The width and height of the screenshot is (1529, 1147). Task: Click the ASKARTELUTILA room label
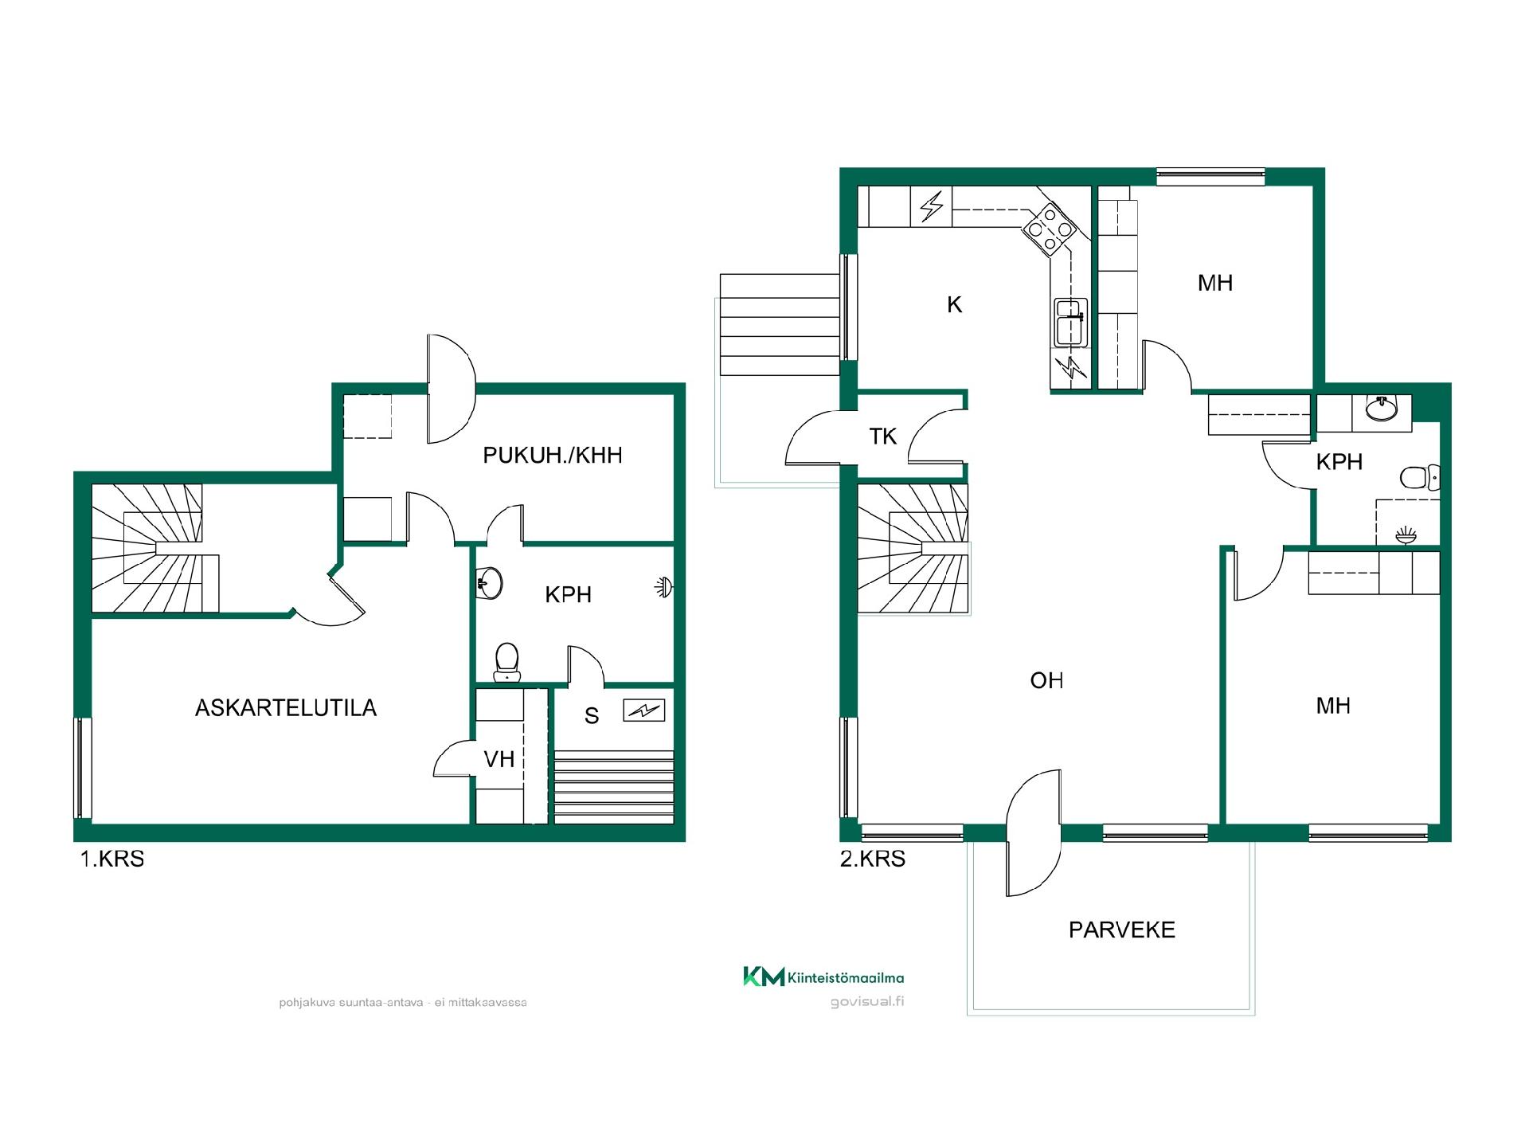tap(286, 708)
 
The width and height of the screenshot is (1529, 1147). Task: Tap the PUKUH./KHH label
tap(553, 455)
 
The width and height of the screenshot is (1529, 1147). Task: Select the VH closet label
tap(499, 759)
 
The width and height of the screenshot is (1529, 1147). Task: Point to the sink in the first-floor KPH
tap(489, 582)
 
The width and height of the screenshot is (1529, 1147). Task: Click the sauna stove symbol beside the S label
tap(643, 709)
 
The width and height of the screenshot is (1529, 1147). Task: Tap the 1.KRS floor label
tap(112, 859)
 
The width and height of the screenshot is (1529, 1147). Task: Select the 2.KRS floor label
tap(873, 859)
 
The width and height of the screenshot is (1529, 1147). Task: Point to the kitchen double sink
tap(1071, 323)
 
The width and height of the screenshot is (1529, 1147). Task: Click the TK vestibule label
tap(883, 436)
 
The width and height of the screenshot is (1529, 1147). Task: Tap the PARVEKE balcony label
tap(1122, 930)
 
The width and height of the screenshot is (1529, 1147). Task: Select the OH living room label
tap(1046, 680)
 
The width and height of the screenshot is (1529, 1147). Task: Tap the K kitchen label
tap(955, 304)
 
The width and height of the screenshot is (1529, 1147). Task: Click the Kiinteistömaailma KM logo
tap(823, 977)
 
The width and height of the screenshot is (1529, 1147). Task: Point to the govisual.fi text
tap(867, 1002)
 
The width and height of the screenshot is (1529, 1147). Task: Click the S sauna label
tap(592, 716)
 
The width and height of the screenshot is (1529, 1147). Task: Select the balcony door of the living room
tap(1034, 833)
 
